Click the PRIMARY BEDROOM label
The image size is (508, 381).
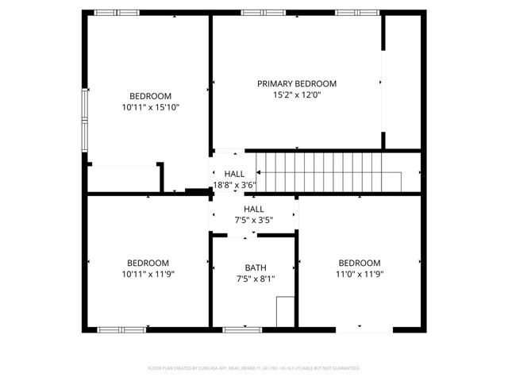(x=297, y=83)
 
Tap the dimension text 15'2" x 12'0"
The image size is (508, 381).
(x=297, y=94)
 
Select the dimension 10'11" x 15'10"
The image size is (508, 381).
(x=150, y=106)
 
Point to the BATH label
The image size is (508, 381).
(x=255, y=268)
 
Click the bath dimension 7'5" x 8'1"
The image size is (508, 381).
(x=255, y=279)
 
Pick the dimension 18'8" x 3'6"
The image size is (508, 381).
(x=234, y=186)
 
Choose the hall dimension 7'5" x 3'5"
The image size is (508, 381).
(x=254, y=221)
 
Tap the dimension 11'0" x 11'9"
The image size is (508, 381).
(x=360, y=275)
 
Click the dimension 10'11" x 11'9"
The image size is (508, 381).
(x=148, y=275)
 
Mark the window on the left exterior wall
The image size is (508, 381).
(x=86, y=116)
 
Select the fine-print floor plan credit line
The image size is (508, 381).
(x=254, y=368)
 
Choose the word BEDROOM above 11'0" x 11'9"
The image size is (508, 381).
(x=360, y=264)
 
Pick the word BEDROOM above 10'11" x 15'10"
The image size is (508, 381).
(x=150, y=95)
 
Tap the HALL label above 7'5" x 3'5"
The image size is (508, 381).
(x=254, y=210)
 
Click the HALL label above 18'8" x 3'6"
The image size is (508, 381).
(x=234, y=175)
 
